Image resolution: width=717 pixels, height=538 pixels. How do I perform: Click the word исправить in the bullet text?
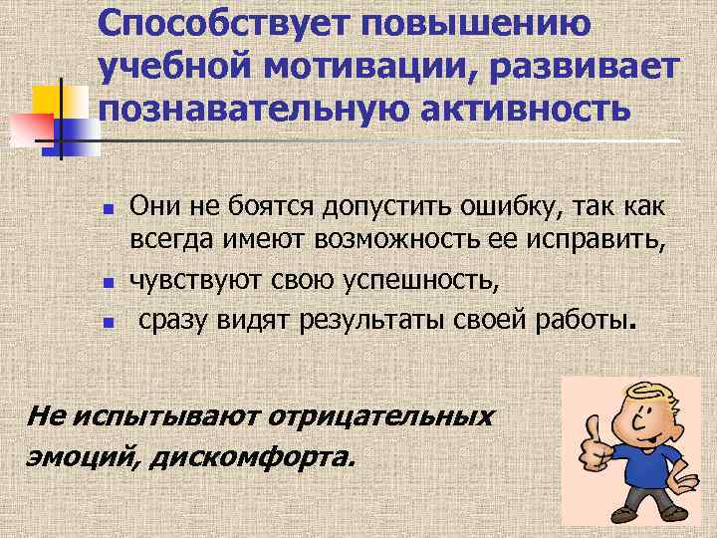pyautogui.click(x=592, y=239)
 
